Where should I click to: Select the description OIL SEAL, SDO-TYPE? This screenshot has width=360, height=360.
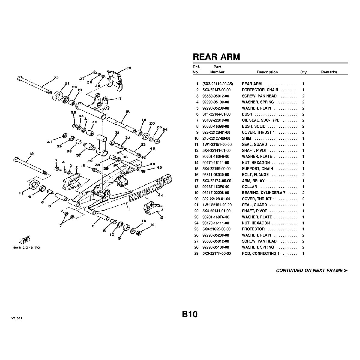pos(260,120)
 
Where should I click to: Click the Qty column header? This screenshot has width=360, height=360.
pos(303,72)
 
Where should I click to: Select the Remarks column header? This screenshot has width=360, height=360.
pos(329,72)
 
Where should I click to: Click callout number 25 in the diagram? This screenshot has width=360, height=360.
pos(128,68)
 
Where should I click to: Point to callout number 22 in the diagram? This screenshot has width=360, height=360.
pos(56,78)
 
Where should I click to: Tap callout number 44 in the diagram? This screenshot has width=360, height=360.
pos(160,195)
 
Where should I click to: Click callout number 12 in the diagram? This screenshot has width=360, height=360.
pos(32,154)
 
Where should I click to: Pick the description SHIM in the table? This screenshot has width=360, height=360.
pos(246,138)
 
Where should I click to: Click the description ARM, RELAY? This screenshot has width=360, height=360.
pos(253,181)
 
